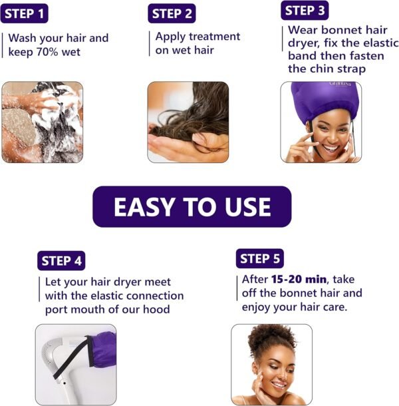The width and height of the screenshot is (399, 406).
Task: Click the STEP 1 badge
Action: click(25, 13)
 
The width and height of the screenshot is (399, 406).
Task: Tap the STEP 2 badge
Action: click(172, 13)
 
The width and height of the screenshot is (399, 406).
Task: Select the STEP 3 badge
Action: click(305, 11)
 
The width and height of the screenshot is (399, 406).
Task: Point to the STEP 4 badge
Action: click(61, 261)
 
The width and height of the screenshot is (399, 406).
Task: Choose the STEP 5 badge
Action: click(260, 259)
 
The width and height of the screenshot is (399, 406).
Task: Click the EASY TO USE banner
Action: click(192, 206)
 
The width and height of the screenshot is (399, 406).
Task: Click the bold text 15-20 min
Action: click(299, 280)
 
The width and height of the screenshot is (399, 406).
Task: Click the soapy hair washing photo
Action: click(43, 122)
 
